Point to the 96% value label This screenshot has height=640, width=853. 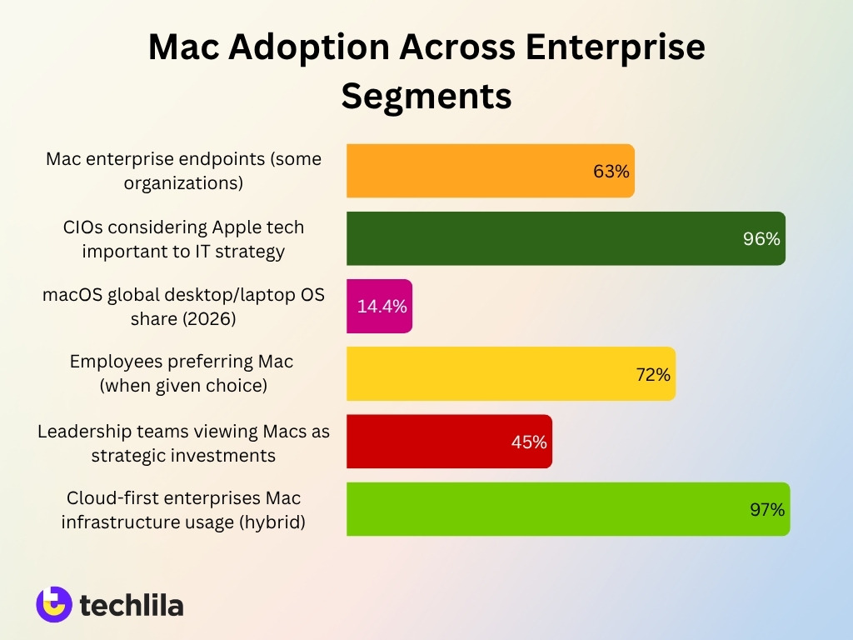point(761,239)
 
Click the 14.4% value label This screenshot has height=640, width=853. point(382,307)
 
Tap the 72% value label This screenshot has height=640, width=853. point(653,375)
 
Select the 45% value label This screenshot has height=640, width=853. point(529,442)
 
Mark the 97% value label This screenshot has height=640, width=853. point(766,510)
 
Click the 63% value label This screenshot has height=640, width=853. point(611,172)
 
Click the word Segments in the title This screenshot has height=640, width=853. point(426,96)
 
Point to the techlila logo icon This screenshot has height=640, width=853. point(54,604)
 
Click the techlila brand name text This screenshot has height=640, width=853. point(132,605)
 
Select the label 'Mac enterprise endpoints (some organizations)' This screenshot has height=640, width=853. point(183,171)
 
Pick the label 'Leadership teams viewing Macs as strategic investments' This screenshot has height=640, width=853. point(183,442)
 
